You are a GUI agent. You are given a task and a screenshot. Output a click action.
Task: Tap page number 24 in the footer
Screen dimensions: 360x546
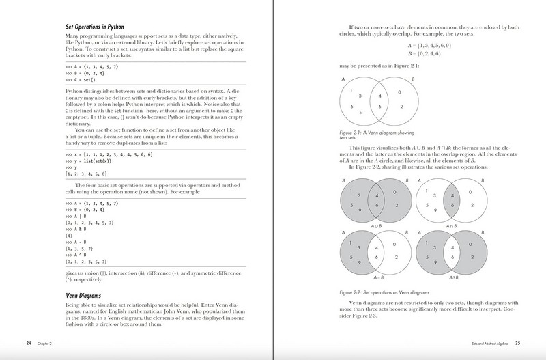(x=29, y=342)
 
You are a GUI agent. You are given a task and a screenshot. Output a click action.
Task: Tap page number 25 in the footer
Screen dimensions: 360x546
(x=517, y=342)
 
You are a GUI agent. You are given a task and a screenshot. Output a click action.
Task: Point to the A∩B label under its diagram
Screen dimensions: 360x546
(x=469, y=225)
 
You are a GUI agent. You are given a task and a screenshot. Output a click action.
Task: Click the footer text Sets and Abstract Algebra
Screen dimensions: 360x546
(x=482, y=342)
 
